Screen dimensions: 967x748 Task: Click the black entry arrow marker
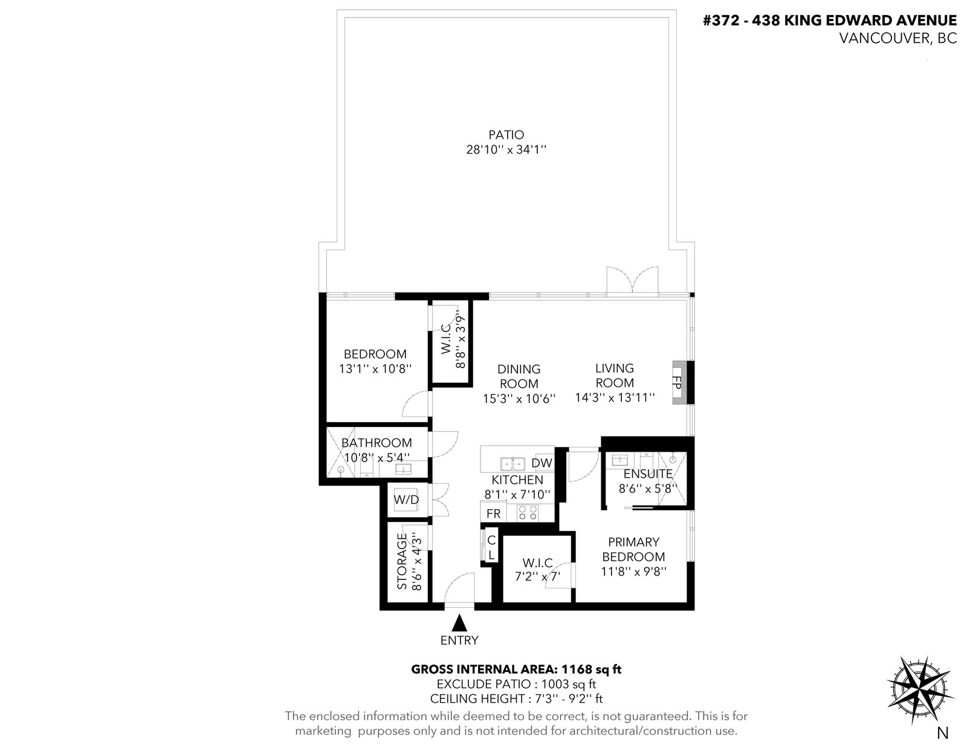[x=459, y=623]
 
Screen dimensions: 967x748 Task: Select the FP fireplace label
[x=677, y=383]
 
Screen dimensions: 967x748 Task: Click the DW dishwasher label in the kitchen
[x=542, y=463]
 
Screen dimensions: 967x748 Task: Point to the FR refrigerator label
[x=494, y=513]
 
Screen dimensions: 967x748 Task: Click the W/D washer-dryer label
[x=406, y=499]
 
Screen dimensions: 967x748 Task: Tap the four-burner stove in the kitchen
[x=528, y=512]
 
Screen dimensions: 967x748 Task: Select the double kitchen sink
[x=513, y=463]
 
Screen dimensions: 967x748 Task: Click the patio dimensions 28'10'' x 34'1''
[x=506, y=149]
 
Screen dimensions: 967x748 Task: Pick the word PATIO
[x=506, y=134]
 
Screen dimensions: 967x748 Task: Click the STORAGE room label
[x=403, y=561]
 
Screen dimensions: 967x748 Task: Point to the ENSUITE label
[x=648, y=473]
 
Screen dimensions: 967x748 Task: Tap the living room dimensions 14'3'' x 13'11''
[x=615, y=398]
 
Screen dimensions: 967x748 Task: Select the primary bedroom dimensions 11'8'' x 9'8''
[x=634, y=571]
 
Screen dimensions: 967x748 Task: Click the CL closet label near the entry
[x=491, y=548]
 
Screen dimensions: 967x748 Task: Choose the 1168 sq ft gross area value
[x=592, y=669]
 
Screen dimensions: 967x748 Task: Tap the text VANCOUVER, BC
[x=898, y=38]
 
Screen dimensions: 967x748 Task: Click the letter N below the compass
[x=943, y=733]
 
